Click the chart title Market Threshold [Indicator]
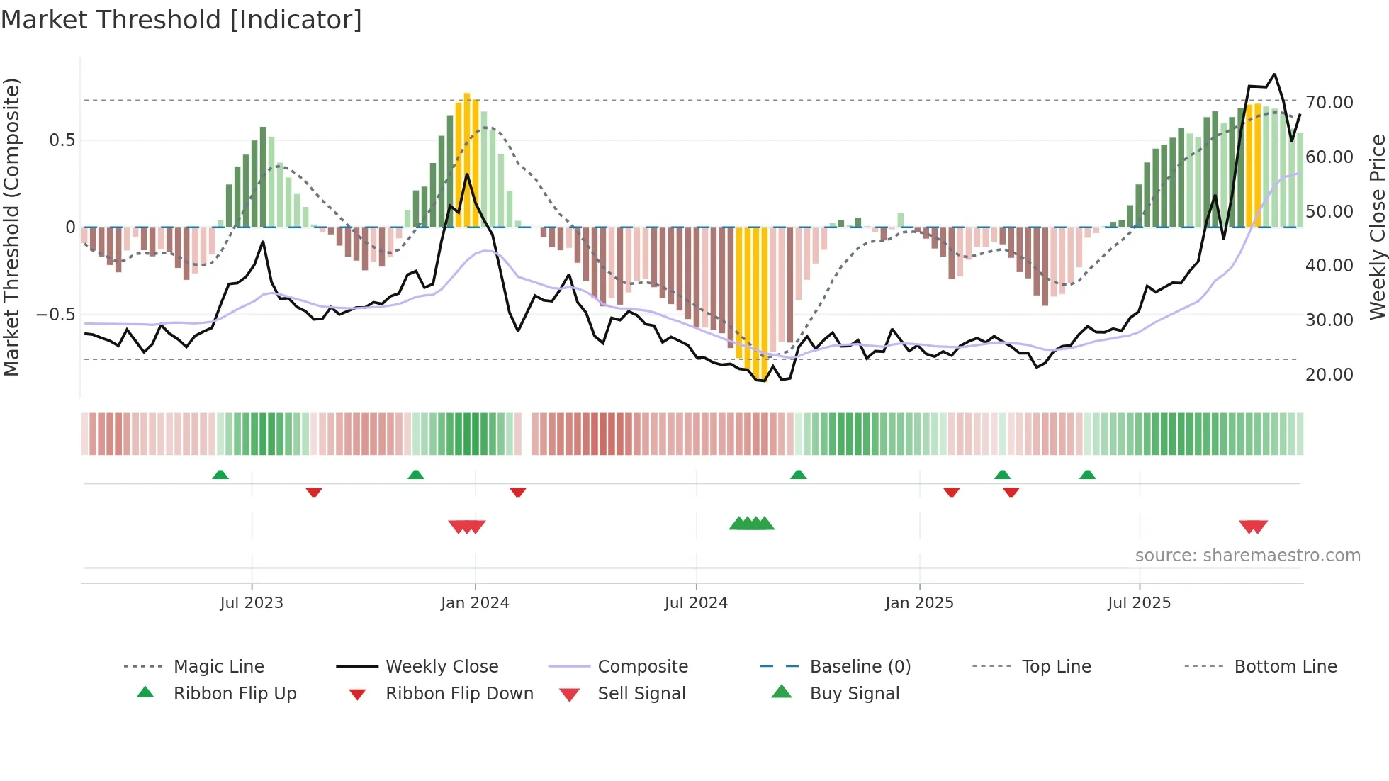181,20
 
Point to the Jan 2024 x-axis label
475,603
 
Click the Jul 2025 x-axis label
1139,603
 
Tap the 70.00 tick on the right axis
1329,103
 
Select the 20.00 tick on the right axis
1329,374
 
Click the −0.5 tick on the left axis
55,314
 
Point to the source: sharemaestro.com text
1247,555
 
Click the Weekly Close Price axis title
1377,227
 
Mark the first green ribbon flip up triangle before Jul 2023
220,475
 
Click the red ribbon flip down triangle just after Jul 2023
314,492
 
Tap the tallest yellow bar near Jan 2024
467,159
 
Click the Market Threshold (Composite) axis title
11,227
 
